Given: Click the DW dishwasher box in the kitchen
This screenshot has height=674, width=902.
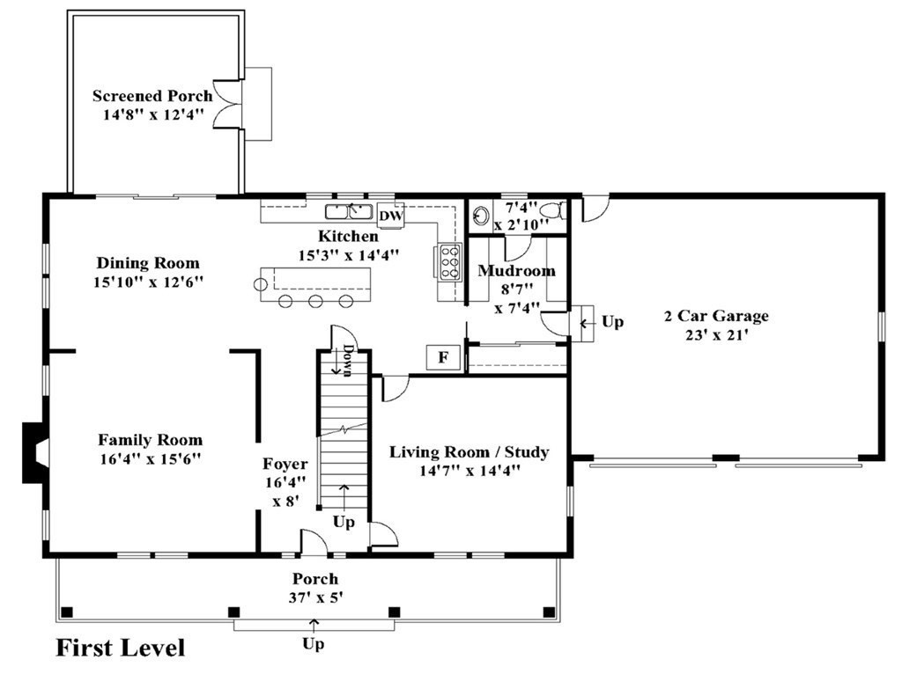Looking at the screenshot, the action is (391, 216).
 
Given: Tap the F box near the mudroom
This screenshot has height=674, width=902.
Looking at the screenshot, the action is (443, 357).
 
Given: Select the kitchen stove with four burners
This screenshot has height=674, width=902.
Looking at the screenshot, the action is (450, 262).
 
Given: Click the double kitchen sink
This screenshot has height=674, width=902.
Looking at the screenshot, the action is (349, 211).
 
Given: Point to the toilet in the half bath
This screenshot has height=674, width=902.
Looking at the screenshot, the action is (555, 210).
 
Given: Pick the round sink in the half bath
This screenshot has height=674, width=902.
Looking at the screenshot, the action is (481, 216).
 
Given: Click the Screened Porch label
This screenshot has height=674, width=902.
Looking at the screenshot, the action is (152, 95).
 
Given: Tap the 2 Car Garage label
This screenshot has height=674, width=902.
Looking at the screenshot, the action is (716, 316).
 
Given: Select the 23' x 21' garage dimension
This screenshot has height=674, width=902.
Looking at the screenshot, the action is (717, 334).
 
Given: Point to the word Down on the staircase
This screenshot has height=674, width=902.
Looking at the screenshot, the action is (347, 360).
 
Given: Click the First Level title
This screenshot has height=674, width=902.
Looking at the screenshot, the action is (121, 648).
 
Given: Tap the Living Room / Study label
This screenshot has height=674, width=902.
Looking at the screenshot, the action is (469, 451).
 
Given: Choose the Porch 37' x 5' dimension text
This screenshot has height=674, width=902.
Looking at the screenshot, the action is (316, 597).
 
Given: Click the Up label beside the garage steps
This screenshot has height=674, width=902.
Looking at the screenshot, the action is (613, 322).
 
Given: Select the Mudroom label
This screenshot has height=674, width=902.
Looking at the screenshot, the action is (516, 270).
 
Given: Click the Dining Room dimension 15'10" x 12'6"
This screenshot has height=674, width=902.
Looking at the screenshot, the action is (149, 282).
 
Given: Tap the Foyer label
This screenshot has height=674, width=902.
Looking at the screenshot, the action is (285, 464).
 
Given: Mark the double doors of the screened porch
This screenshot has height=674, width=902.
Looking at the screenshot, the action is (227, 104).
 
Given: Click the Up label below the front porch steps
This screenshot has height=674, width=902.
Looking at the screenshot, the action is (314, 644).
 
